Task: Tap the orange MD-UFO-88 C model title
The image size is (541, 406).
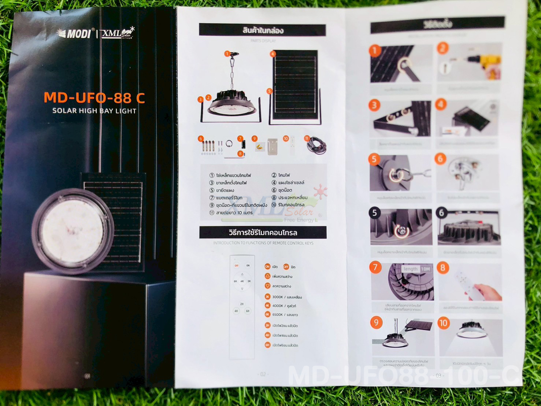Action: [94, 98]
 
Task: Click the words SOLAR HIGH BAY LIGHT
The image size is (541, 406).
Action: [94, 111]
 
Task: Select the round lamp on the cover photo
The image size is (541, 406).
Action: [73, 230]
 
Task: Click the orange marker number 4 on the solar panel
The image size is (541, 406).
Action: [273, 54]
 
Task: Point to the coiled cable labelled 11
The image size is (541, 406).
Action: [317, 146]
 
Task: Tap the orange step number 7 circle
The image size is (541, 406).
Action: [375, 267]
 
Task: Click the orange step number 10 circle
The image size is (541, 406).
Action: [443, 323]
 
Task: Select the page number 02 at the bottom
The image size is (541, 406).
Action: [263, 374]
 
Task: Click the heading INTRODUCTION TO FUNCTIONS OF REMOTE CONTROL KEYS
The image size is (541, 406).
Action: [263, 243]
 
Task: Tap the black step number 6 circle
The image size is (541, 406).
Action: [441, 213]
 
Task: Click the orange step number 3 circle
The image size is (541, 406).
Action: [374, 106]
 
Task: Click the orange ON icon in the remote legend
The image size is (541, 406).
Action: [267, 266]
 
